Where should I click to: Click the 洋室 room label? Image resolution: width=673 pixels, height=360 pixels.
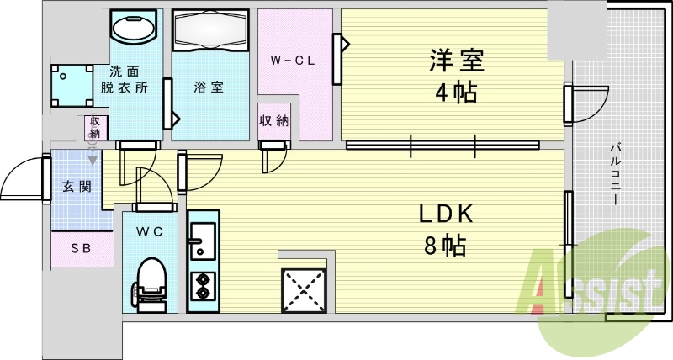[x=454, y=61]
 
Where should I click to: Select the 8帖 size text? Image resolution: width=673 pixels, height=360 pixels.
[x=446, y=246]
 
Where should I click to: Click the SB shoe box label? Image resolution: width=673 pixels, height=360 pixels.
[x=81, y=248]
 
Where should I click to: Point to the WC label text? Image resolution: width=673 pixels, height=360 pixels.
[x=151, y=231]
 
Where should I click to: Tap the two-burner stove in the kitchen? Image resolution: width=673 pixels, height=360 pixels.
[x=202, y=287]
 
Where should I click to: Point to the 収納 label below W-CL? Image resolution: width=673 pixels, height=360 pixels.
[x=273, y=119]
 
